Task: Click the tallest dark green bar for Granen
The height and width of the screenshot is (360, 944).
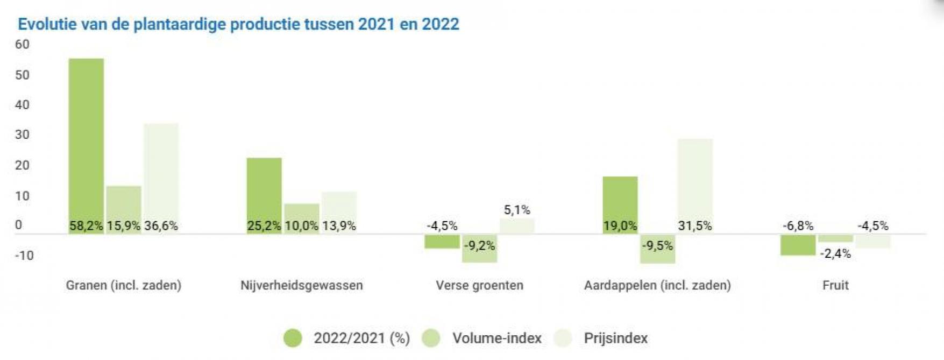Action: pyautogui.click(x=86, y=140)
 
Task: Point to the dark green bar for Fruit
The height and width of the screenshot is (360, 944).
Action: pyautogui.click(x=798, y=245)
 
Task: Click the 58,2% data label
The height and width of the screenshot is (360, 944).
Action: pyautogui.click(x=86, y=226)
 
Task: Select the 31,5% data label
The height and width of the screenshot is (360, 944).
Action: pyautogui.click(x=695, y=226)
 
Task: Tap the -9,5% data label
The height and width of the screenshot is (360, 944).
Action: pyautogui.click(x=657, y=246)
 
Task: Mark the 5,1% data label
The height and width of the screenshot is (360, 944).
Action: pyautogui.click(x=517, y=210)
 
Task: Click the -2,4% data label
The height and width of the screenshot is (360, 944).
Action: pyautogui.click(x=835, y=253)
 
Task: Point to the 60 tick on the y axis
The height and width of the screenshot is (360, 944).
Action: pyautogui.click(x=22, y=45)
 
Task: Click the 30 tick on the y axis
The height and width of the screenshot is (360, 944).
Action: pyautogui.click(x=22, y=135)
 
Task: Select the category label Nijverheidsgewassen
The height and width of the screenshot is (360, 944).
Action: pyautogui.click(x=302, y=285)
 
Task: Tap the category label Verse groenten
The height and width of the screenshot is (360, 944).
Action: pyautogui.click(x=479, y=285)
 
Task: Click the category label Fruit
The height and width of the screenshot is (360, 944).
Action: pyautogui.click(x=835, y=285)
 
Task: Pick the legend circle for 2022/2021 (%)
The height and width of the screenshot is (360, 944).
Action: pyautogui.click(x=293, y=338)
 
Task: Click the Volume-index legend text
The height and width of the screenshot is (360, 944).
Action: pyautogui.click(x=496, y=338)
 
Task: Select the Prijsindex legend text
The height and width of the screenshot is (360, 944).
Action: pyautogui.click(x=615, y=338)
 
